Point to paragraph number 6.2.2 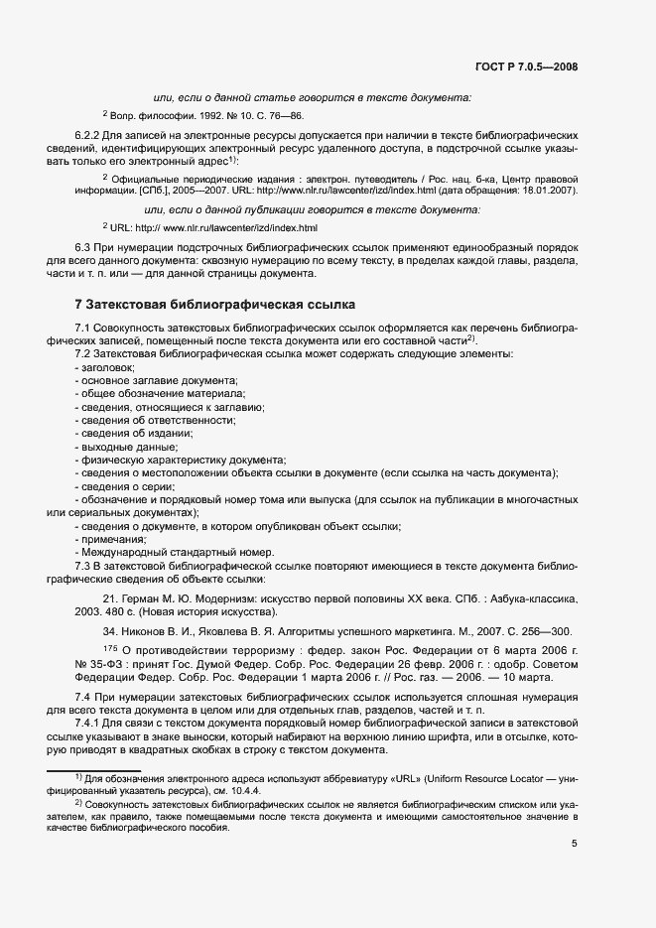click(x=88, y=133)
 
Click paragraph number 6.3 click(x=83, y=244)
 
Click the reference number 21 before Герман click(x=111, y=599)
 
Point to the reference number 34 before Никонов click(x=111, y=631)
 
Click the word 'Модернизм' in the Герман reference click(x=222, y=599)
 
